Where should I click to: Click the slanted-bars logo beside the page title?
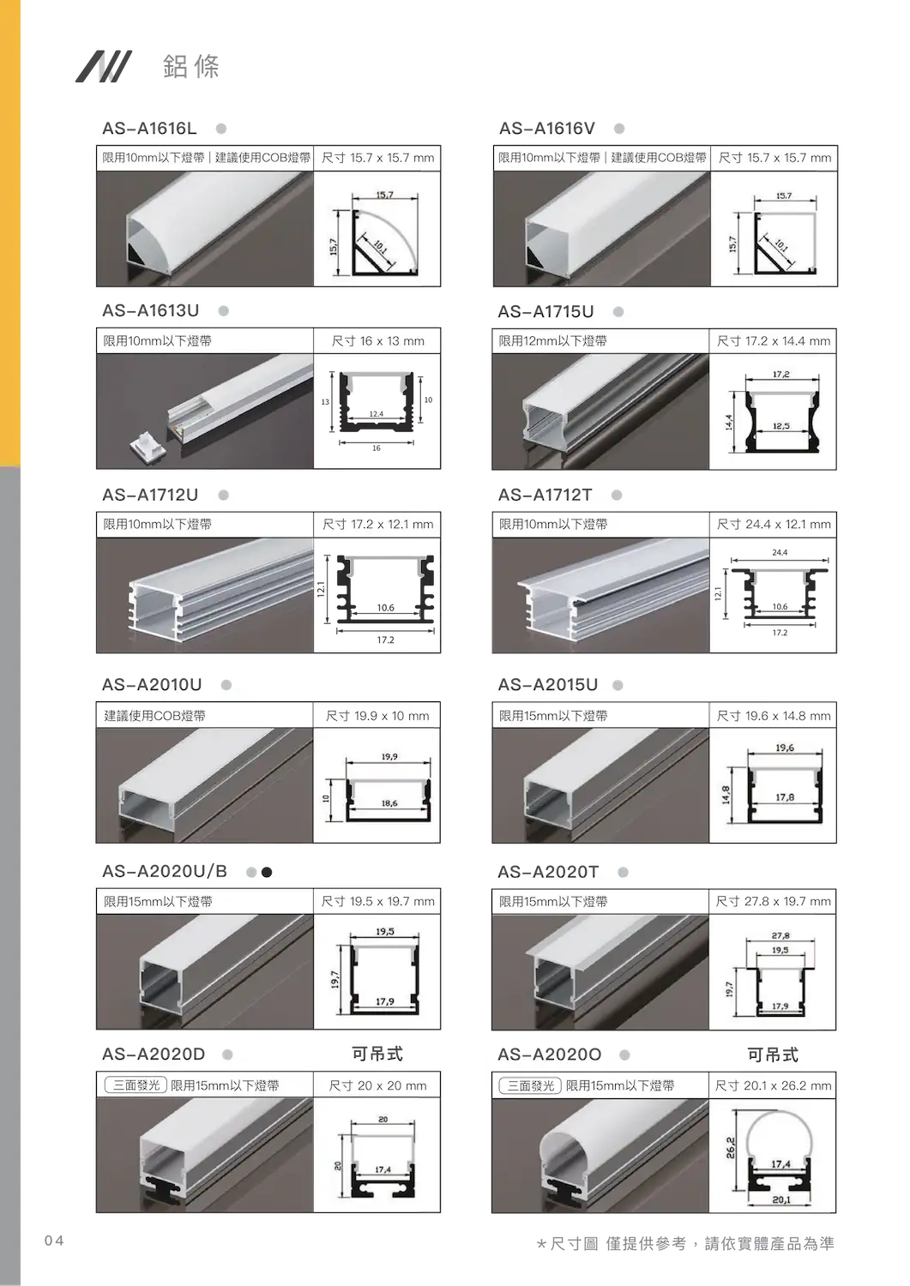(x=104, y=66)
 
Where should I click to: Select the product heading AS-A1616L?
(x=149, y=128)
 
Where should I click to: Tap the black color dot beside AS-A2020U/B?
(x=267, y=872)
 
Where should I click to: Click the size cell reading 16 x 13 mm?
(x=377, y=341)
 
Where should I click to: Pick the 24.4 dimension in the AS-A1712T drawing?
(x=780, y=552)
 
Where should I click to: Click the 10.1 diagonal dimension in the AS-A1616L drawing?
(x=380, y=246)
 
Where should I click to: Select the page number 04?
(x=54, y=1241)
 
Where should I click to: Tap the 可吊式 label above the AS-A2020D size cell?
(x=377, y=1054)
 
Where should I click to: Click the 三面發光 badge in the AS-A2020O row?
(x=530, y=1085)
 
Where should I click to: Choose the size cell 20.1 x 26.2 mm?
(x=773, y=1085)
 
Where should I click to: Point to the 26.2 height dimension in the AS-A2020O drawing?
(x=730, y=1148)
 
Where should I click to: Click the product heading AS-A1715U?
(x=545, y=312)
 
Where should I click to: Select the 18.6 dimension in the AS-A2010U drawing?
(x=389, y=803)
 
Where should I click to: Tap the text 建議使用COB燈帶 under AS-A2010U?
(x=154, y=716)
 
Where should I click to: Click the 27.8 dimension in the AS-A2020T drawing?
(x=780, y=936)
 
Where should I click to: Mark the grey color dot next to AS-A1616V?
(x=619, y=129)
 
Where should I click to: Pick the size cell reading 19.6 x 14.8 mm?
(x=774, y=716)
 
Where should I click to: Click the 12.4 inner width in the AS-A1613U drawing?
(x=377, y=414)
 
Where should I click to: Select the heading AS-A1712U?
(x=150, y=495)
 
